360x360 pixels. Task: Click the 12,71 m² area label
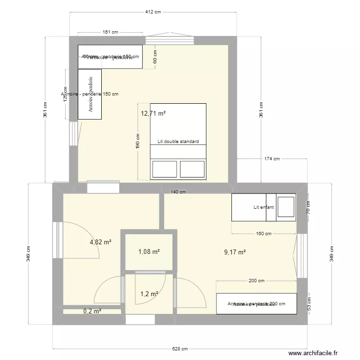153,114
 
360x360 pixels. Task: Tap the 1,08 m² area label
149,252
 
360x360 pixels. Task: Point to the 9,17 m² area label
235,252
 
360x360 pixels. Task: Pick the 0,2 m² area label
92,311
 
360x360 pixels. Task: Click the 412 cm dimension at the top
153,12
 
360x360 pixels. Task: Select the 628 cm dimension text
180,349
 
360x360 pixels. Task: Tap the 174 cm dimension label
272,159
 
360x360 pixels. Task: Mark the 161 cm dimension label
110,33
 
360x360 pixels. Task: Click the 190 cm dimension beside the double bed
138,141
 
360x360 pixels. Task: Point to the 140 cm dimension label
178,192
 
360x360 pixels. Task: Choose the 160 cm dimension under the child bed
264,234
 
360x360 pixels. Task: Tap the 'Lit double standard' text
178,142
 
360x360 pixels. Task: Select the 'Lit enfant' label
264,207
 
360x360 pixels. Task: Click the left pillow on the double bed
164,169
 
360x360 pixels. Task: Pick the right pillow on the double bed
192,169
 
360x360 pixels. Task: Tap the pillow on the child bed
287,207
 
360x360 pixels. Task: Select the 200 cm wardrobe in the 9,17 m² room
256,304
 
